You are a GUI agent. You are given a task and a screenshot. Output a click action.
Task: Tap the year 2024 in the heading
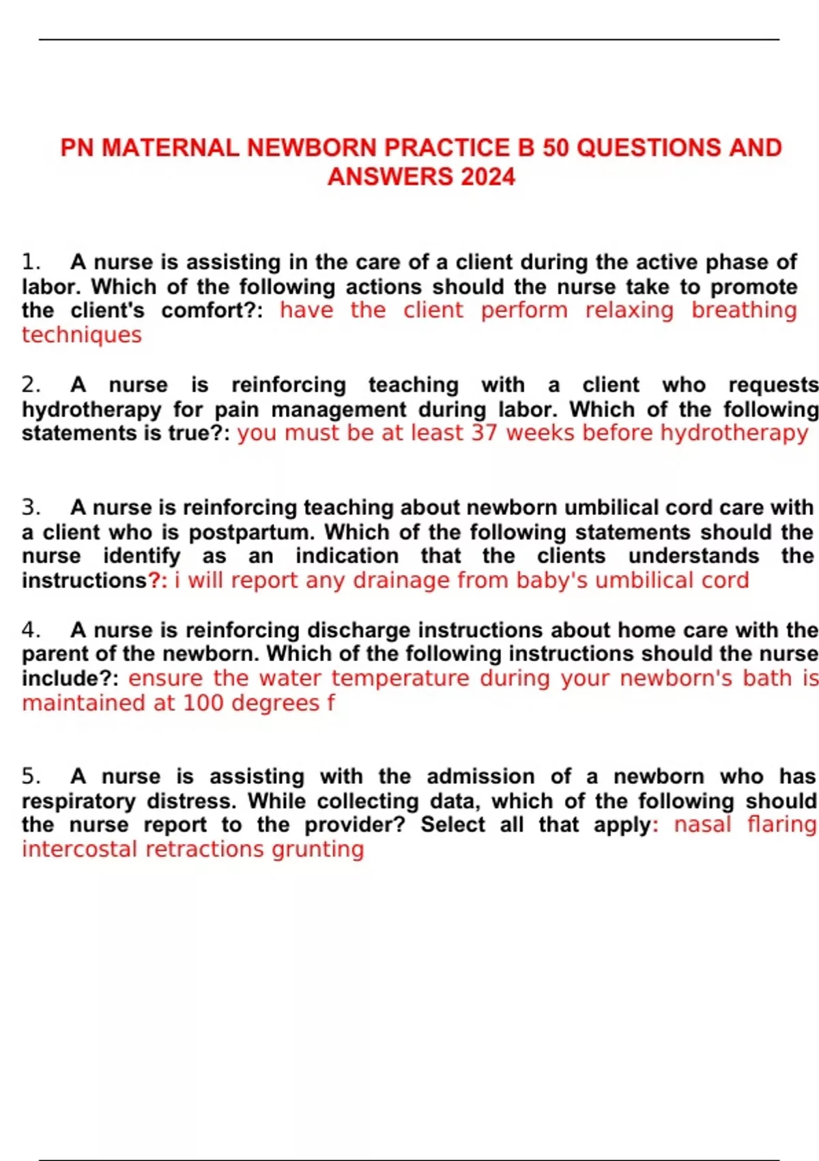pos(487,177)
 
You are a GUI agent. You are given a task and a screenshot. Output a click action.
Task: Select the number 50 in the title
pos(556,148)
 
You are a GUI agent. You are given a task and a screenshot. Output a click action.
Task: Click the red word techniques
pos(82,335)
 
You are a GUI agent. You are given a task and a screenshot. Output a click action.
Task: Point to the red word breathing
pos(744,310)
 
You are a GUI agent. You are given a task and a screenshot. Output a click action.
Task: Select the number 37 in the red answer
pos(484,433)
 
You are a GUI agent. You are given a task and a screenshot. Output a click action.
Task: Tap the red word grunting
pos(318,849)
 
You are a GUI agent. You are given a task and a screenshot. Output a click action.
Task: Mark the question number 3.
pos(31,507)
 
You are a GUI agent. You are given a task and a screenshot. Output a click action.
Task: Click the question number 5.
pos(31,777)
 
